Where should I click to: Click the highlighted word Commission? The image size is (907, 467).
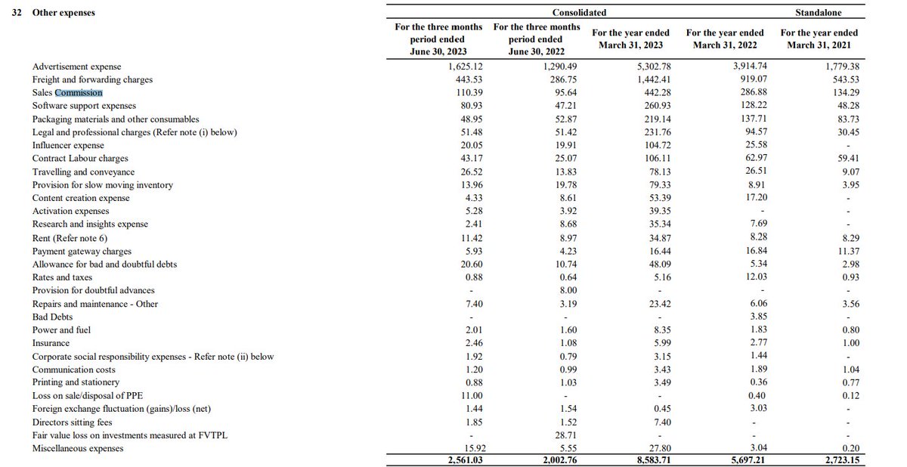point(79,92)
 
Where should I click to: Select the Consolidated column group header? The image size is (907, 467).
point(579,13)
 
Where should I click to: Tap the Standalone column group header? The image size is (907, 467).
point(818,13)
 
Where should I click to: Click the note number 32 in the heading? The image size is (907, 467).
point(16,13)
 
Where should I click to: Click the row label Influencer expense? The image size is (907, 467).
point(68,145)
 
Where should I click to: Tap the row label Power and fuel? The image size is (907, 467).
point(62,330)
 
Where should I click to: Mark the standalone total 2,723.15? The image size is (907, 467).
point(838,459)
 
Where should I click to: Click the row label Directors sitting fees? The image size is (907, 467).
point(72,422)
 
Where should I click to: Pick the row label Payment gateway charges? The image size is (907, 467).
point(82,251)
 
